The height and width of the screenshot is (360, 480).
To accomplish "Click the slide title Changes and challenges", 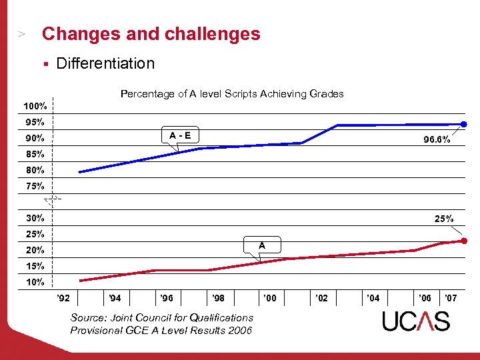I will click(x=151, y=34).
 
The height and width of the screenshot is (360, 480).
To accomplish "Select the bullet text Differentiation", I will click(x=105, y=63).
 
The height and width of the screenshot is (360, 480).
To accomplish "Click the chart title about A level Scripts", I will click(x=232, y=94).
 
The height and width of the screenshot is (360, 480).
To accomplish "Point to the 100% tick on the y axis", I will click(x=35, y=107).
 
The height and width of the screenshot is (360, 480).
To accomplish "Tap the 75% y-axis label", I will click(x=35, y=186).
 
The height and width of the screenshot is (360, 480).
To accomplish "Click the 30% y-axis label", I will click(x=35, y=218).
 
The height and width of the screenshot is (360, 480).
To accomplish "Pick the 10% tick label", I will click(x=35, y=282).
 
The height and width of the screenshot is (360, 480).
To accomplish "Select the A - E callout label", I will click(x=179, y=135).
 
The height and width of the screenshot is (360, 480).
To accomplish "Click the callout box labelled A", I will click(x=262, y=245).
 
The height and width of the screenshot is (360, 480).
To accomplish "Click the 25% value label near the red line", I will click(x=444, y=219).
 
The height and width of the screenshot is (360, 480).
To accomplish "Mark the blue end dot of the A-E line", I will click(x=465, y=124).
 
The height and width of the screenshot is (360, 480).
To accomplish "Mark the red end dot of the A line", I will click(x=465, y=241).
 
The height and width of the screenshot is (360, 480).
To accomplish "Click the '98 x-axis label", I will click(x=218, y=297).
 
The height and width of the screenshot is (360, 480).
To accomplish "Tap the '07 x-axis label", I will click(x=451, y=297).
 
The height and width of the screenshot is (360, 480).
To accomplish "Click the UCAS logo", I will click(x=416, y=321).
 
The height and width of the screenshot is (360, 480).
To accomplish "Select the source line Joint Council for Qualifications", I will click(x=162, y=318).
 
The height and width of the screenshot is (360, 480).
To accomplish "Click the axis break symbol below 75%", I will click(x=53, y=199).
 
